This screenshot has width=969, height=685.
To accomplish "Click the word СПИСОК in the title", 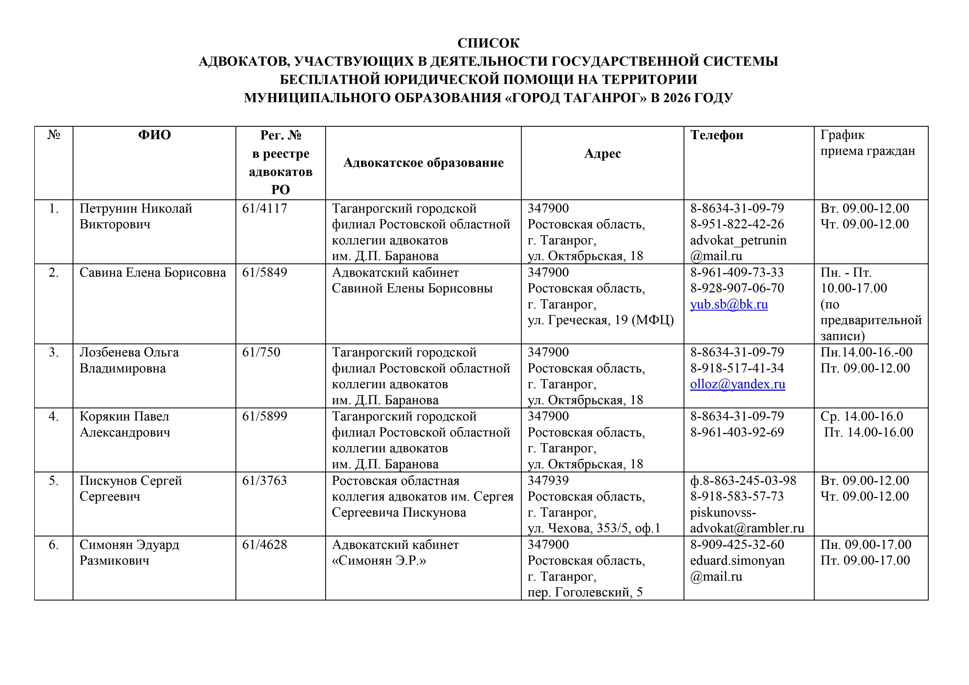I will pos(488,43).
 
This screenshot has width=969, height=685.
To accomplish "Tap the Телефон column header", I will pos(717,135).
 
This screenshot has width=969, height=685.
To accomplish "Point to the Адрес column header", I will pos(602,154).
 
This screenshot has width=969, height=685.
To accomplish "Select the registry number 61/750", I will pos(261,352).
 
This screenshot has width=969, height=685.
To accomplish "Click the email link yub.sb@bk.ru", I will pos(729,304).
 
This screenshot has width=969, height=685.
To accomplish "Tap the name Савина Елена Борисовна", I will pos(152,273).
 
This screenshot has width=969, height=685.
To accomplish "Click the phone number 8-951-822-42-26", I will pos(737,224).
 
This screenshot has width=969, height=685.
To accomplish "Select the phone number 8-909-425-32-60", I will pos(737,545).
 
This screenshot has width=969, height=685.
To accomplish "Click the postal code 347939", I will pos(548,481).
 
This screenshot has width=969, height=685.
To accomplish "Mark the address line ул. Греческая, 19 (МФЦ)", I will pos(600,320).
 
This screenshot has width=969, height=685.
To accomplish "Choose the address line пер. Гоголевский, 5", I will pos(584,593).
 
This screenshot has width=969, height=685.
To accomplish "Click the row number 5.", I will pos(54,481).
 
